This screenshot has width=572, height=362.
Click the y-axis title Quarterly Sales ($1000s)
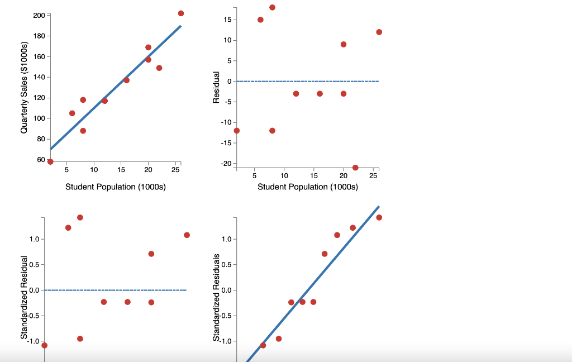[x=24, y=88]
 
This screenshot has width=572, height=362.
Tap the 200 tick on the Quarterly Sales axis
[x=39, y=15]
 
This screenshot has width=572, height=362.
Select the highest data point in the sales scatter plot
[x=181, y=13]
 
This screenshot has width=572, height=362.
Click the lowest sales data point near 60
[x=50, y=161]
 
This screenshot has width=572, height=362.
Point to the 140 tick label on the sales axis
[x=39, y=77]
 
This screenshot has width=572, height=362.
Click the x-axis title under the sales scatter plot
[x=116, y=187]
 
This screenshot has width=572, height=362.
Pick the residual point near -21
[x=355, y=168]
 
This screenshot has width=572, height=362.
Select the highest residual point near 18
[x=272, y=7]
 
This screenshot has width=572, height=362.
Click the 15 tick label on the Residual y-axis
[x=227, y=20]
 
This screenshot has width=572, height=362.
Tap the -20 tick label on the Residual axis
[x=226, y=163]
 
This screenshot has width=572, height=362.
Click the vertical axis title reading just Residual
[x=216, y=88]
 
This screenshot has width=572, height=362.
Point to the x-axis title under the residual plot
[x=308, y=187]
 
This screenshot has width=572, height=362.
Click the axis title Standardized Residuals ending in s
[x=216, y=296]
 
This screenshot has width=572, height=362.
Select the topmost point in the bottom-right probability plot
[x=379, y=217]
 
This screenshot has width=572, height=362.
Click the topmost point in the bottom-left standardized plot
[x=80, y=217]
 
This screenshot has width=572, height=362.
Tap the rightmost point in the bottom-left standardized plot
[x=187, y=235]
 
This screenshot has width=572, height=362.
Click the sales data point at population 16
[x=126, y=80]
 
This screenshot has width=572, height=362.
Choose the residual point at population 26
[x=379, y=32]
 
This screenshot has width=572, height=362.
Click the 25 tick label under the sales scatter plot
[x=175, y=169]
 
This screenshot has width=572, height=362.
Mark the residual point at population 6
[x=260, y=20]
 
